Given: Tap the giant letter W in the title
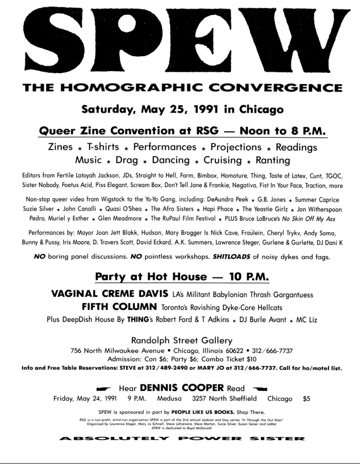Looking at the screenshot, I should (293, 37).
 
